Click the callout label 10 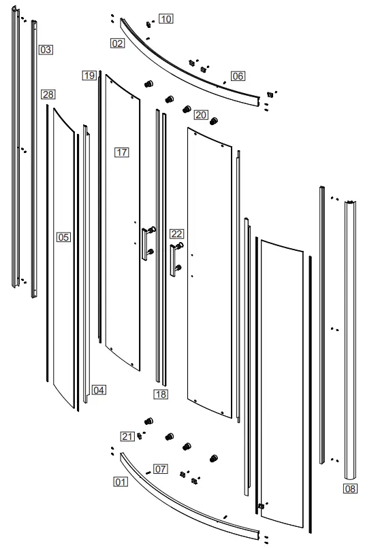tap(166, 19)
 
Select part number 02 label tap(118, 43)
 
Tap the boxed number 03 tap(46, 50)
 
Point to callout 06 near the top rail tap(237, 76)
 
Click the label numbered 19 tap(89, 75)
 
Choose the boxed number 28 tap(48, 94)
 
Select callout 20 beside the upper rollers tap(201, 115)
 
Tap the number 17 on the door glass tap(122, 152)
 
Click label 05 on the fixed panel tap(63, 237)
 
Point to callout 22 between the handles tap(176, 234)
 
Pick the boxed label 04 tap(99, 390)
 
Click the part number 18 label tap(160, 394)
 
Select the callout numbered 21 tap(127, 436)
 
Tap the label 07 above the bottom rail tap(160, 468)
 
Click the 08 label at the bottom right tap(349, 488)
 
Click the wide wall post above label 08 tap(351, 340)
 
